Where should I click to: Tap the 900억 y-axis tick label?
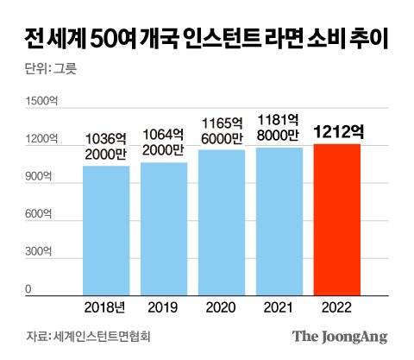38,177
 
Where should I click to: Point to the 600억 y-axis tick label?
38,214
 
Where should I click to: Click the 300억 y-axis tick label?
38,252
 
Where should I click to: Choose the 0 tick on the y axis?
28,289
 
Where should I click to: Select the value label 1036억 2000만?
106,145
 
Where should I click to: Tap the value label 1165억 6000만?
222,129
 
